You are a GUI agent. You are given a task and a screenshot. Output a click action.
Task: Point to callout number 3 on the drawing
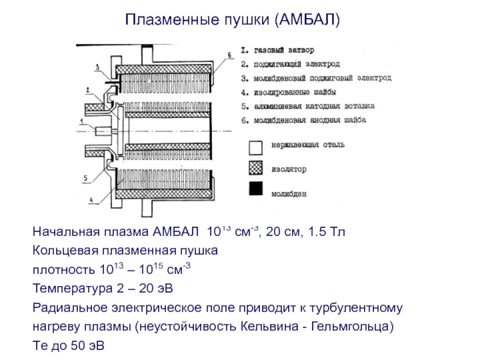(98, 68)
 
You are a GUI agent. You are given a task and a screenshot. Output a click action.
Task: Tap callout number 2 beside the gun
(87, 90)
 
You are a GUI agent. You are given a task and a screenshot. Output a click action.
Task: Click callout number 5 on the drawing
(86, 178)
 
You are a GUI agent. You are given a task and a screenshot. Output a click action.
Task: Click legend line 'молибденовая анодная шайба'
(304, 121)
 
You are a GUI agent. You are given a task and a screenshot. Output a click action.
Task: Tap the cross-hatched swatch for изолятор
(256, 169)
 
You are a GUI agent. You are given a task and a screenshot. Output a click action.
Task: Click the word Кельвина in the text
(267, 328)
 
